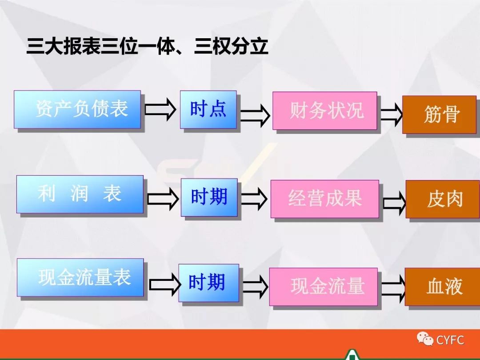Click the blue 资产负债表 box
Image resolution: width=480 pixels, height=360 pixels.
click(77, 109)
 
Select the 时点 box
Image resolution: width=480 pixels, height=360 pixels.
click(208, 109)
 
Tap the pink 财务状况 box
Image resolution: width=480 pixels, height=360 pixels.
click(325, 111)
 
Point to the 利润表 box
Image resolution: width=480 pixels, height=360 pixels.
click(80, 194)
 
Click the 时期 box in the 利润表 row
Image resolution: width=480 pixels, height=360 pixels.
click(209, 197)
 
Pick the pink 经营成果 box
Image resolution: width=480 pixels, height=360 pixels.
click(325, 199)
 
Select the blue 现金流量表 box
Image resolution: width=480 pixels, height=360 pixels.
click(80, 277)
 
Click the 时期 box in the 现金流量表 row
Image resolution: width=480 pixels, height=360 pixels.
click(208, 283)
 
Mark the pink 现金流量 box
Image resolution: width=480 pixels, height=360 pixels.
click(324, 287)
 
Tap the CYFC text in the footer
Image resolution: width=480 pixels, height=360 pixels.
click(450, 340)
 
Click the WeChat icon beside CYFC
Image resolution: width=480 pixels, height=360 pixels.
click(425, 340)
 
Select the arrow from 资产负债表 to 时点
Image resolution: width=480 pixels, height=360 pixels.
click(160, 109)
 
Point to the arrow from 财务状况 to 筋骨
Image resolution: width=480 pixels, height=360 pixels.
click(391, 115)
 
